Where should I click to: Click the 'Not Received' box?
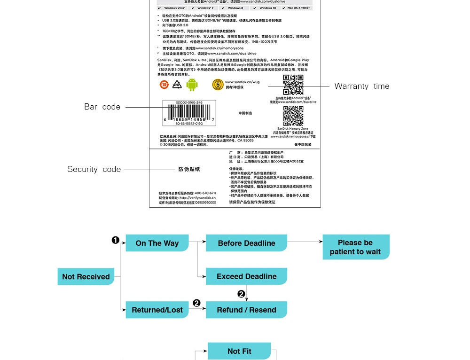click(x=86, y=277)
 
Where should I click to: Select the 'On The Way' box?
click(x=157, y=243)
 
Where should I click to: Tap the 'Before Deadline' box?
click(x=246, y=243)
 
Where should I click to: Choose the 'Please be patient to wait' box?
click(x=355, y=247)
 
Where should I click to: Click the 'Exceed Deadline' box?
click(x=246, y=276)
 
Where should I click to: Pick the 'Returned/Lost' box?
click(x=157, y=310)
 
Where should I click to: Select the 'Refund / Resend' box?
click(x=246, y=310)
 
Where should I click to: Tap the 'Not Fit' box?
click(x=239, y=351)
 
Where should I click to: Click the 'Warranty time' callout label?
click(x=361, y=86)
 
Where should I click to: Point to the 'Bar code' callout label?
click(x=102, y=107)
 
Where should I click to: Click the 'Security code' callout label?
click(x=94, y=169)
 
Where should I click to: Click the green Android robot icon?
click(x=192, y=85)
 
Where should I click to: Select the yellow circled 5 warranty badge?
click(x=218, y=85)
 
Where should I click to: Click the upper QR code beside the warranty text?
click(x=293, y=85)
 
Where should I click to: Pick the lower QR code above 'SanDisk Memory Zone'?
click(x=293, y=116)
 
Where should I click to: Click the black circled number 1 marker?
click(x=115, y=240)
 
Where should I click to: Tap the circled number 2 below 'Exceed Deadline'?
click(x=241, y=294)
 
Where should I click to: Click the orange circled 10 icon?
click(x=164, y=85)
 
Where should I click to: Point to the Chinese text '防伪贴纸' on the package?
click(x=189, y=169)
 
